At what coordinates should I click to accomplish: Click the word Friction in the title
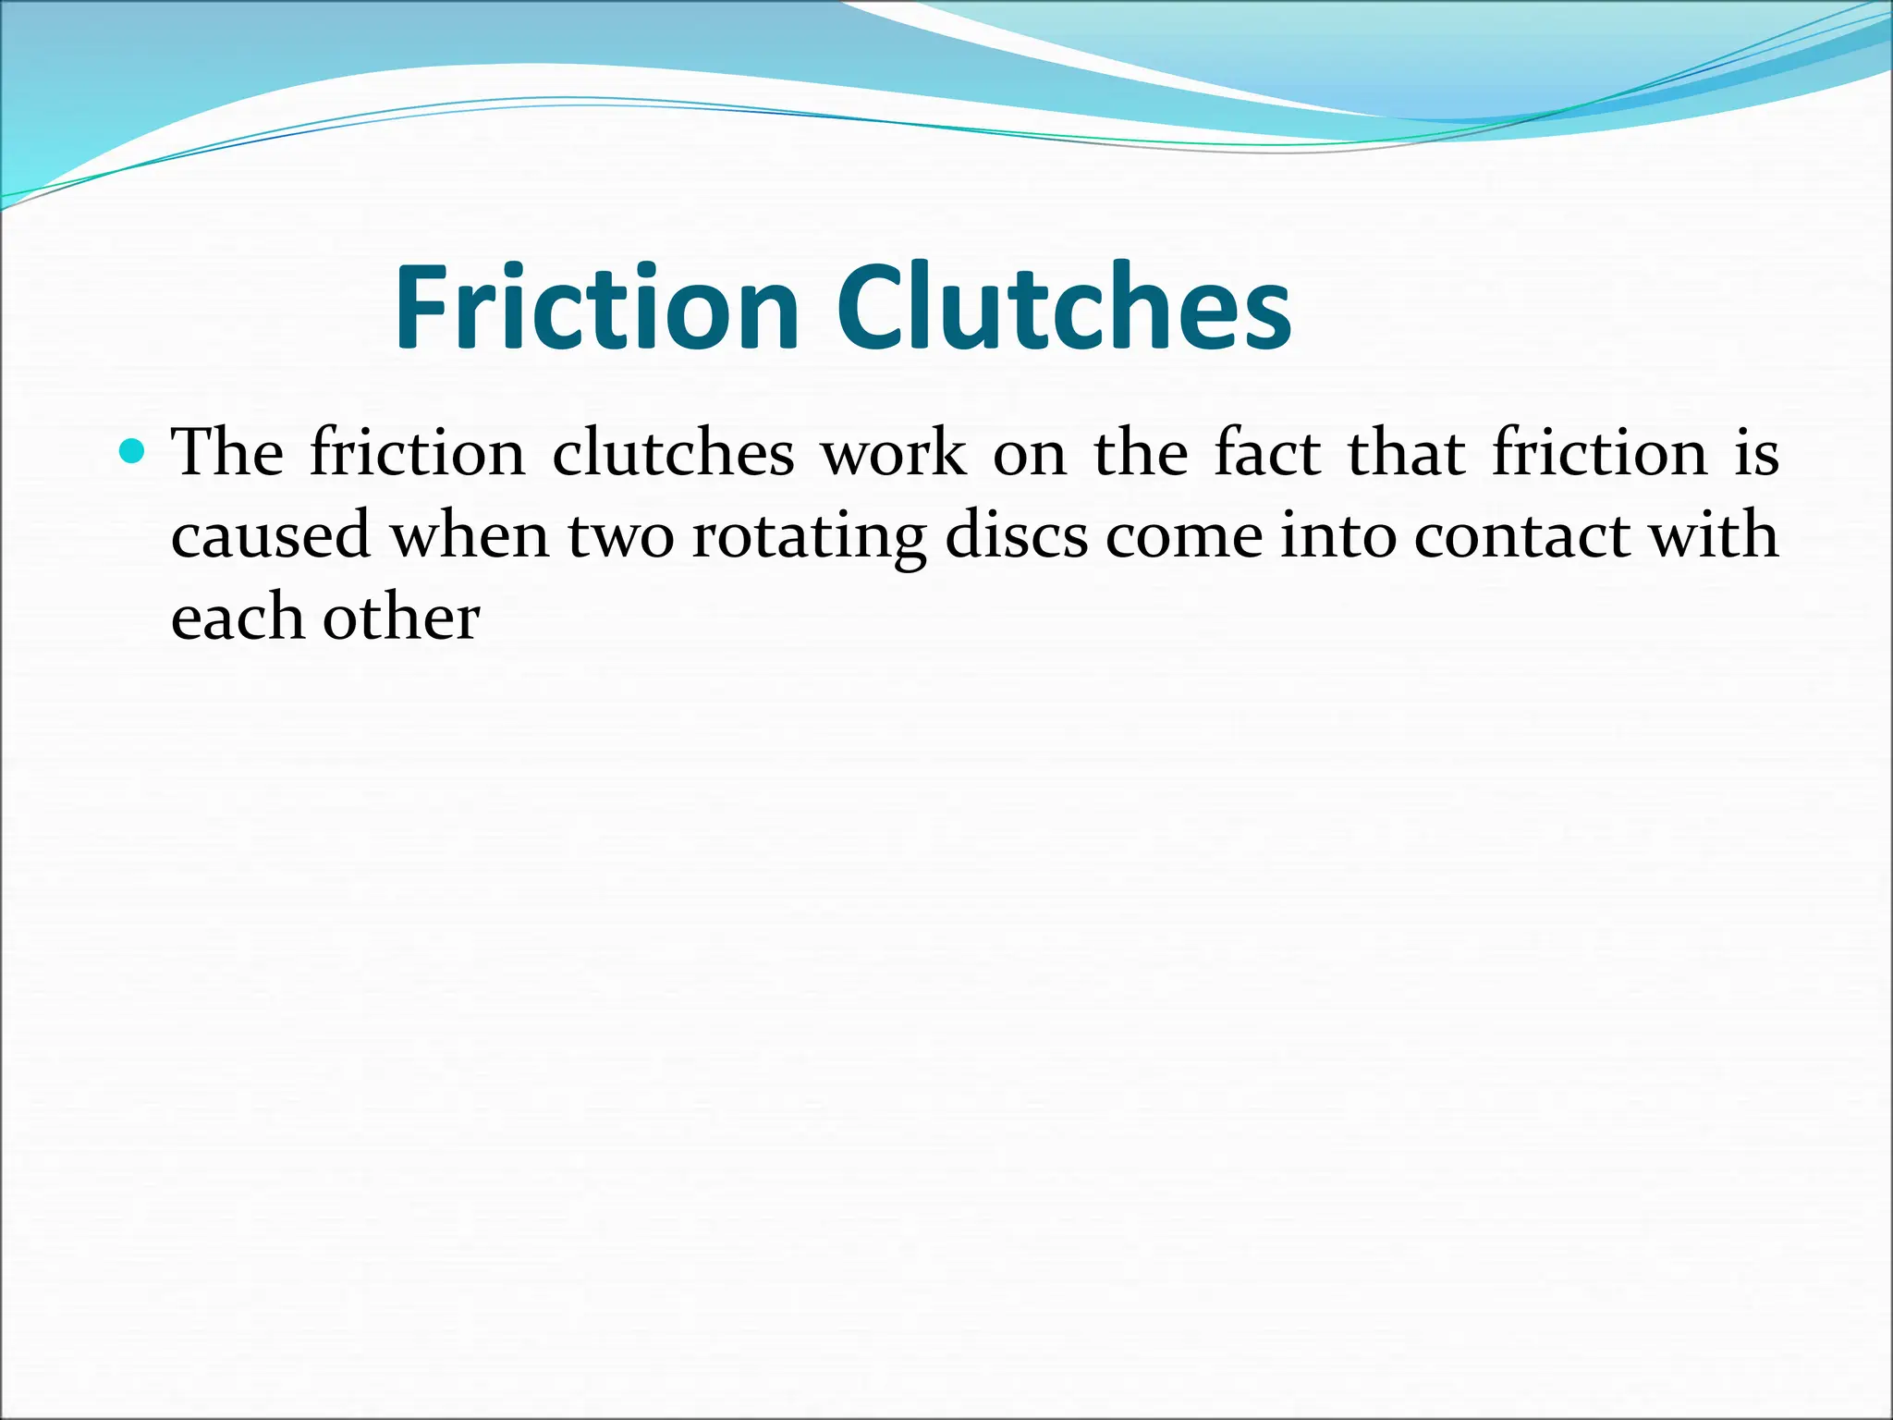(596, 307)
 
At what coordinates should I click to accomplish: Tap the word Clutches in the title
(1064, 307)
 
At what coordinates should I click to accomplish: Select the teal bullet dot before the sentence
(134, 451)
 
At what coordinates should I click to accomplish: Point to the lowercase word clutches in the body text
(673, 453)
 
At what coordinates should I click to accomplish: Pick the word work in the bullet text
(894, 453)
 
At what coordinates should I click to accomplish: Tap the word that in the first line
(1406, 453)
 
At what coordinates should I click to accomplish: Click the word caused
(271, 536)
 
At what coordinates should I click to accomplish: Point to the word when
(470, 536)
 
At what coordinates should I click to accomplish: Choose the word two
(621, 536)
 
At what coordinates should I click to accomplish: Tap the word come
(1184, 536)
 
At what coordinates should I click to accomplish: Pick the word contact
(1521, 536)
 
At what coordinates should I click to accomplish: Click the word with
(1715, 536)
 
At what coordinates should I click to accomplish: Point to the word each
(238, 618)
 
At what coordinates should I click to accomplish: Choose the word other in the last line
(401, 618)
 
